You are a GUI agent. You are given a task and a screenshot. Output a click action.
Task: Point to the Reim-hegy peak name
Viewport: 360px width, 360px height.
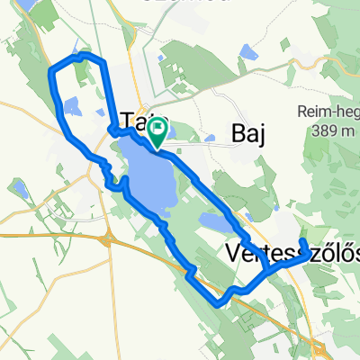pos(325,112)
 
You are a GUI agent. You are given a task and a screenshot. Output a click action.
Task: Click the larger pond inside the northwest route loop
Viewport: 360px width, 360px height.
pos(73,107)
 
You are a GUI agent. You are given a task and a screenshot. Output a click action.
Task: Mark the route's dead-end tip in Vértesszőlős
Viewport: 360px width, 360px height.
pos(304,242)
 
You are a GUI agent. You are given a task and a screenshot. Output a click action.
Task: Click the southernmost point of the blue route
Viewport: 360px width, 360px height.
pos(219,304)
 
